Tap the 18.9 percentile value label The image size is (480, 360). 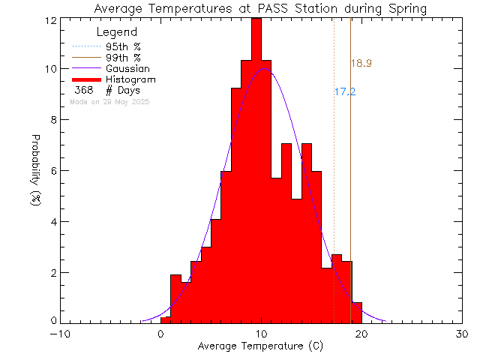tap(361, 64)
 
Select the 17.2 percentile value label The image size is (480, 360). tap(344, 91)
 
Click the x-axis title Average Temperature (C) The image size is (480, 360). tap(260, 346)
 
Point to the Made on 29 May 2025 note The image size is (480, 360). tap(109, 100)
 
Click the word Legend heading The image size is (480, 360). tap(117, 32)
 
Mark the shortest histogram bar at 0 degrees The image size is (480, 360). tap(165, 319)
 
